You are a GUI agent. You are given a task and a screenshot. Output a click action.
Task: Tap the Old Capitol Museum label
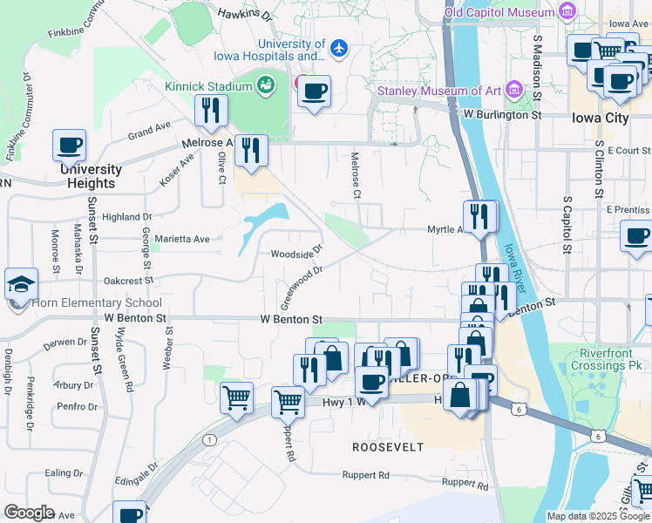click(x=499, y=12)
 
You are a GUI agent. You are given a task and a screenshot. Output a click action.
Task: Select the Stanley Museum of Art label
click(x=438, y=91)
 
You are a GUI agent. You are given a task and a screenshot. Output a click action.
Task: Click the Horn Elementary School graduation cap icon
click(x=21, y=284)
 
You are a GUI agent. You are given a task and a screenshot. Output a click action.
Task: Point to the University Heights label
click(x=91, y=176)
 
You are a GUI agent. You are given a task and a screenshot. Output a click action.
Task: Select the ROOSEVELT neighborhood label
click(x=388, y=447)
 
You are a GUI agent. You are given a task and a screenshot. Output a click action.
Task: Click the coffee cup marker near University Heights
click(x=70, y=145)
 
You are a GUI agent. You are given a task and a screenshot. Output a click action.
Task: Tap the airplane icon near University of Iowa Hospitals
click(x=339, y=50)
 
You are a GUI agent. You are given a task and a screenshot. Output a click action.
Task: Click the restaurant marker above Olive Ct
click(x=210, y=110)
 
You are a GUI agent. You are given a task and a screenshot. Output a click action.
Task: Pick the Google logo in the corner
click(x=29, y=513)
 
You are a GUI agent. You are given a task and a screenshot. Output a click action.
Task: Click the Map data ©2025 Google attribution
click(x=597, y=516)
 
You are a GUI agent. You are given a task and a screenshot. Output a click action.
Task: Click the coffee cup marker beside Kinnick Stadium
click(x=314, y=90)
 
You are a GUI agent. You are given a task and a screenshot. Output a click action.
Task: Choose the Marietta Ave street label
click(x=182, y=239)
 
